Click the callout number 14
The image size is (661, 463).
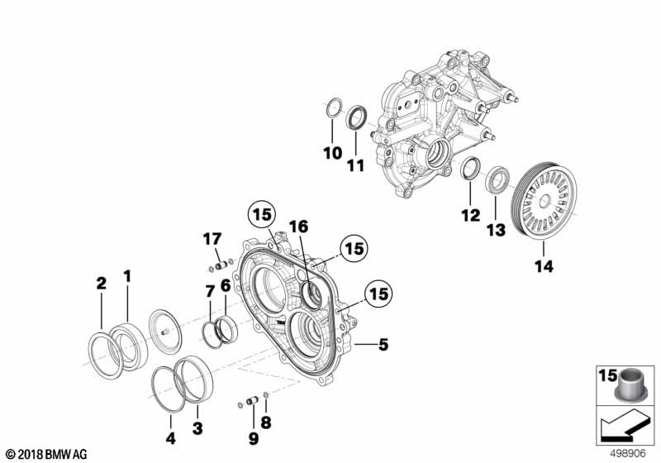coord(544,267)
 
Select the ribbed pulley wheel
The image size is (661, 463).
coord(544,203)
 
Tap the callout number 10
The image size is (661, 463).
coord(331,154)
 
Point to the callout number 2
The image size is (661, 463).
coord(101,283)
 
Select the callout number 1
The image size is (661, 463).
coord(127,274)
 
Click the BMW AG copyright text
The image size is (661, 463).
coord(45,453)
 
